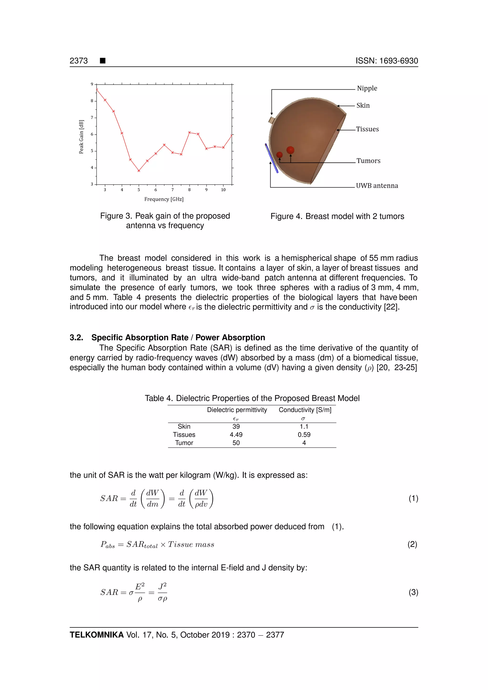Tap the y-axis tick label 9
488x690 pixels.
(92, 84)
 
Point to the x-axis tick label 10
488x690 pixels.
(223, 190)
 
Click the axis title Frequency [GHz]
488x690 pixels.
(164, 199)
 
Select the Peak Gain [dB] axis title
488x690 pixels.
(81, 137)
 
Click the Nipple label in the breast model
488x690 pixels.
(367, 88)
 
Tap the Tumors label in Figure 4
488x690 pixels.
(368, 161)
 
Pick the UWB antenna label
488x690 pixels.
(377, 186)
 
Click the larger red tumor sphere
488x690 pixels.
(290, 150)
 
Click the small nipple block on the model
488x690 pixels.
(272, 121)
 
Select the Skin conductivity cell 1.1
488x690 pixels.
(304, 426)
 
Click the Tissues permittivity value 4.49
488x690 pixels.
(236, 435)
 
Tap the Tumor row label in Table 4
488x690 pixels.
(184, 443)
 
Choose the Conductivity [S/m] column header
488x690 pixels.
(305, 410)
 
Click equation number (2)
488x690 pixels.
(412, 544)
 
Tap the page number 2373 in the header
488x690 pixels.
(79, 61)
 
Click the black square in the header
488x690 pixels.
(103, 61)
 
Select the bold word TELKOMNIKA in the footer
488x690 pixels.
(97, 635)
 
